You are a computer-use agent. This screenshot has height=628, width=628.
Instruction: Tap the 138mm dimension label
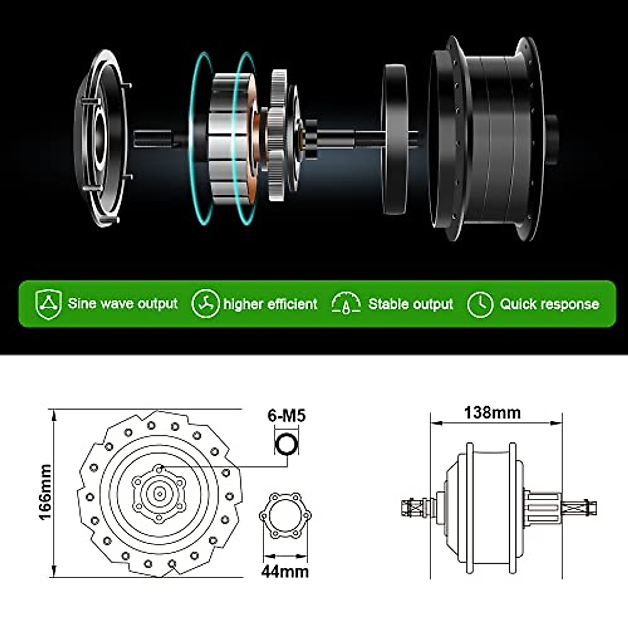492,413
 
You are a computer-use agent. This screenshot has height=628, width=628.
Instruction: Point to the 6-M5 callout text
286,416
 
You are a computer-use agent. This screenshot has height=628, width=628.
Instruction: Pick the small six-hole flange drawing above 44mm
285,515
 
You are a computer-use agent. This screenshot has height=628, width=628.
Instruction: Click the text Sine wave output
122,304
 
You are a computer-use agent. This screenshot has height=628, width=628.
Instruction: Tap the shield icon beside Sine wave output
48,304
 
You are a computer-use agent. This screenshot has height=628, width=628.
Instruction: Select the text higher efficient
270,304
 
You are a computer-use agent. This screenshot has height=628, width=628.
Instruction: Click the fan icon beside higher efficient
205,304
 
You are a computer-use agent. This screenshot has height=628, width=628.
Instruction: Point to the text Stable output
410,304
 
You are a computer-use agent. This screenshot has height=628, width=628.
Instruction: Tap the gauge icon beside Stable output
346,304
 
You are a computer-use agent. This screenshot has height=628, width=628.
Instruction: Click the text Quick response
549,304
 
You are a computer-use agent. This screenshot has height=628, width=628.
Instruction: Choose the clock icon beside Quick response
480,304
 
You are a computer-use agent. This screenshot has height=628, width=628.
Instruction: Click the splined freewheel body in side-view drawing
541,506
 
